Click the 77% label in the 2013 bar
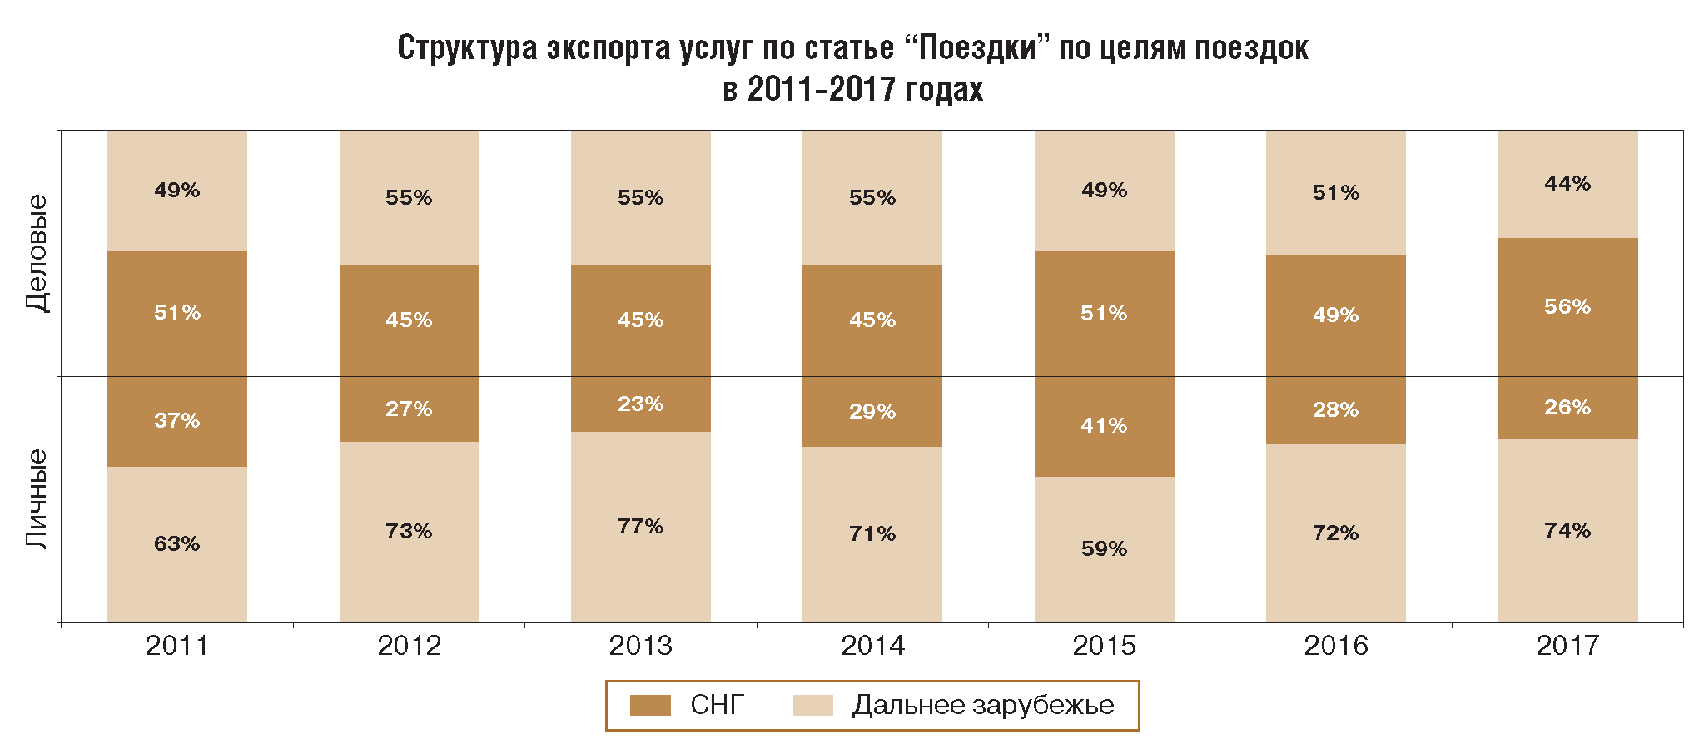click(x=640, y=526)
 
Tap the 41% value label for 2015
click(x=1104, y=425)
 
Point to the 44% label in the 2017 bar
click(x=1567, y=183)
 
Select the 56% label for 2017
click(x=1567, y=306)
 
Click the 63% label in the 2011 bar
click(x=176, y=543)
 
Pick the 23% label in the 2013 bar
click(x=640, y=404)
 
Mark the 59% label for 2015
click(x=1104, y=548)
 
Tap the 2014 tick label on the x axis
click(x=872, y=645)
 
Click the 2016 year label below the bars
click(x=1335, y=645)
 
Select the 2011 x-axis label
click(x=176, y=645)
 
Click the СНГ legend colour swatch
click(x=650, y=705)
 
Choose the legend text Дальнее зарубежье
click(x=982, y=705)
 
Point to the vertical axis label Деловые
click(x=37, y=253)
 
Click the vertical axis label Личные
click(x=37, y=499)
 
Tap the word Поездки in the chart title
click(x=979, y=47)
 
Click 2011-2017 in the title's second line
click(x=820, y=89)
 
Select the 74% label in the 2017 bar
click(x=1567, y=530)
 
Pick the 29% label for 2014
click(x=872, y=411)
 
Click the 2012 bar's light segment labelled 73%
click(x=409, y=531)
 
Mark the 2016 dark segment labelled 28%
click(x=1335, y=409)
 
